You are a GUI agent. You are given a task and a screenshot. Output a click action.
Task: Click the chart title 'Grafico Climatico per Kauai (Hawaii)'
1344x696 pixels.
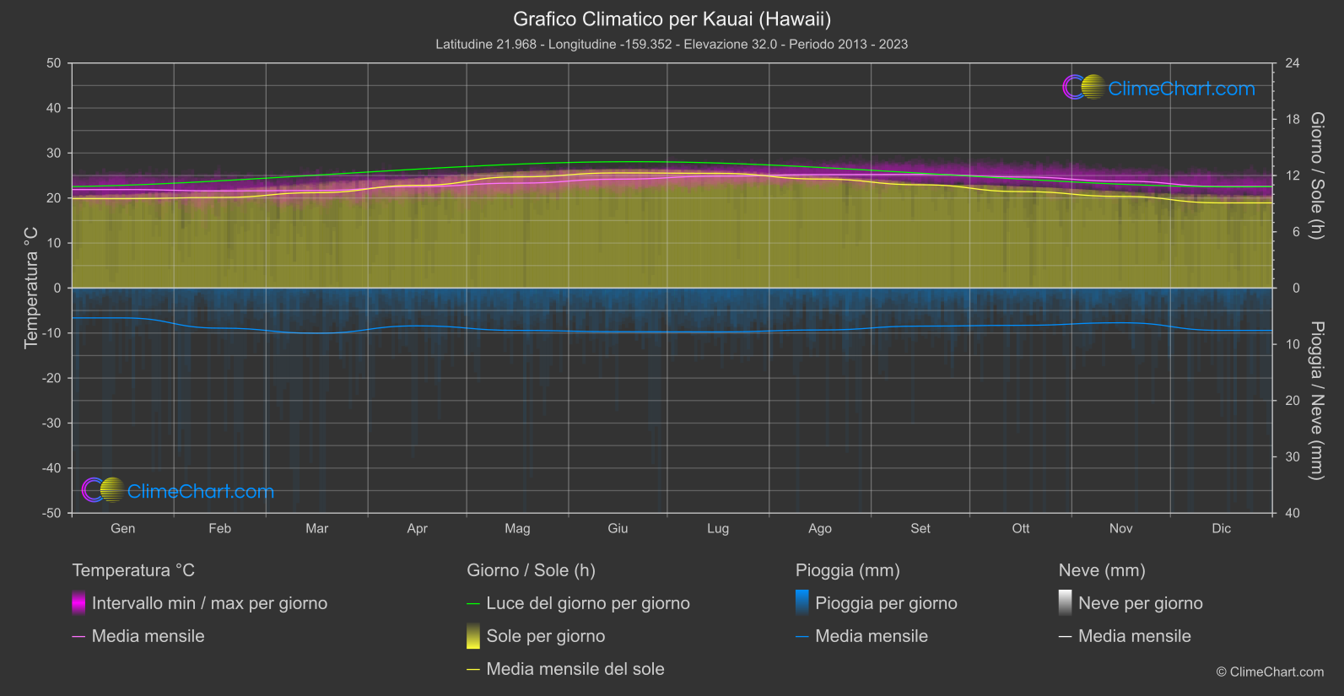(x=672, y=19)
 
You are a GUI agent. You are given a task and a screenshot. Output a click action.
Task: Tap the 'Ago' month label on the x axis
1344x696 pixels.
(x=819, y=528)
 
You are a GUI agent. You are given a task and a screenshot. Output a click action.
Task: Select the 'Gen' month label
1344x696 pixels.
(x=122, y=528)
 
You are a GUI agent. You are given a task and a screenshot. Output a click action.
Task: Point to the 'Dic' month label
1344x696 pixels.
(x=1221, y=528)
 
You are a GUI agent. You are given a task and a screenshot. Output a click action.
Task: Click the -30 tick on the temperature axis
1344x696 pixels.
(x=52, y=423)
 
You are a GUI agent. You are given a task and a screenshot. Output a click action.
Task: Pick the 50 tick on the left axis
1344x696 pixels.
(x=54, y=63)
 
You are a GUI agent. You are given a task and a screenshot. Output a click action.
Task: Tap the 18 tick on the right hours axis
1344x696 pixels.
(x=1293, y=119)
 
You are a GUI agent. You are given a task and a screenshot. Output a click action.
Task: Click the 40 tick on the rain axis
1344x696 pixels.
(x=1293, y=513)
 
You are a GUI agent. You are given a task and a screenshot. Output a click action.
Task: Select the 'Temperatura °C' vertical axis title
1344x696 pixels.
(x=31, y=288)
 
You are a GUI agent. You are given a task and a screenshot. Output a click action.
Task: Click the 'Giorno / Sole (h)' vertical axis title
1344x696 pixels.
(x=1317, y=175)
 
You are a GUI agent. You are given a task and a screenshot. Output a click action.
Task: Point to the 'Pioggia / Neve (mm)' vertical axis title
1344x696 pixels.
(x=1317, y=401)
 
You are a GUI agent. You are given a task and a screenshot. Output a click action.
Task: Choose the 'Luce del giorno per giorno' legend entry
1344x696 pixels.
(x=587, y=603)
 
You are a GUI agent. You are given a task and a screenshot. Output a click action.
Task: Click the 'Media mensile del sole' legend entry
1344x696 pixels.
(x=575, y=669)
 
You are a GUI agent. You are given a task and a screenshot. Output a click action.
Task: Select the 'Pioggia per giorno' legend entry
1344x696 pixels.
(x=885, y=603)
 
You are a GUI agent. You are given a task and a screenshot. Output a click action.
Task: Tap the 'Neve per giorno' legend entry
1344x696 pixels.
(x=1140, y=603)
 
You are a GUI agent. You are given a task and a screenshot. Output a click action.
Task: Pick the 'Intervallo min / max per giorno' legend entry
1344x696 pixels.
(x=208, y=603)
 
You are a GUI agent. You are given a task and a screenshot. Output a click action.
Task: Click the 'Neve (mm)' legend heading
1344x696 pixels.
(x=1101, y=570)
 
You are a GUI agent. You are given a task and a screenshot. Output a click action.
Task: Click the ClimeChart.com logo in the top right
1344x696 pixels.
(x=1159, y=88)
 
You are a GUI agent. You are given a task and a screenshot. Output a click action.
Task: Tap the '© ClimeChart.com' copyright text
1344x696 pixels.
(x=1269, y=672)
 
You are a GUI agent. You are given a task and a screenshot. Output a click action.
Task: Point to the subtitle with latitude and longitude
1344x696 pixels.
(x=672, y=44)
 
